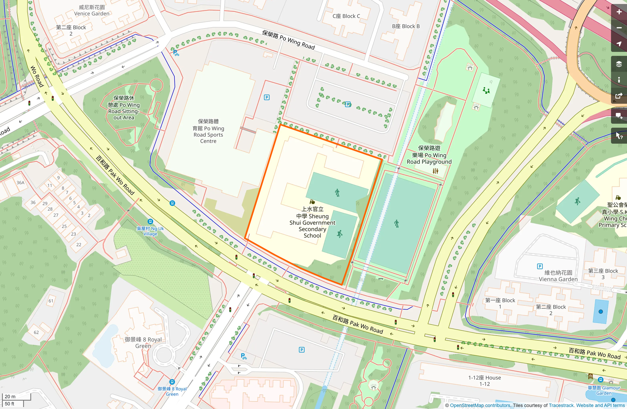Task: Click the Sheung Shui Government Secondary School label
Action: (x=312, y=222)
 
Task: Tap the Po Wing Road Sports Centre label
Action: (x=208, y=131)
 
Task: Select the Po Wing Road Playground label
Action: (x=429, y=155)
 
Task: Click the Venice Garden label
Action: (x=92, y=10)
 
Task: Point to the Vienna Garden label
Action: (x=558, y=276)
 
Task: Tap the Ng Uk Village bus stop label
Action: (x=150, y=231)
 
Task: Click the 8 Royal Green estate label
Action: (x=143, y=342)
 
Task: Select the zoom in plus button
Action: (x=619, y=12)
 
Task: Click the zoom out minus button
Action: (x=619, y=28)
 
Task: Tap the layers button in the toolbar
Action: (x=619, y=64)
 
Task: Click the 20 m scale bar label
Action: (x=10, y=396)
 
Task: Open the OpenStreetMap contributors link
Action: (x=480, y=405)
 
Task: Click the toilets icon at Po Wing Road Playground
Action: (x=435, y=171)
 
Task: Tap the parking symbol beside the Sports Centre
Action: (x=267, y=97)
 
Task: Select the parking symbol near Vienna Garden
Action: (x=540, y=266)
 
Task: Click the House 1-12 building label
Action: (x=485, y=381)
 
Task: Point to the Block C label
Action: (x=346, y=16)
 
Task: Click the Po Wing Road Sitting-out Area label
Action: (x=124, y=108)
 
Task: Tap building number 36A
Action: (x=20, y=183)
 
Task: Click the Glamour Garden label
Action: (x=604, y=390)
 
